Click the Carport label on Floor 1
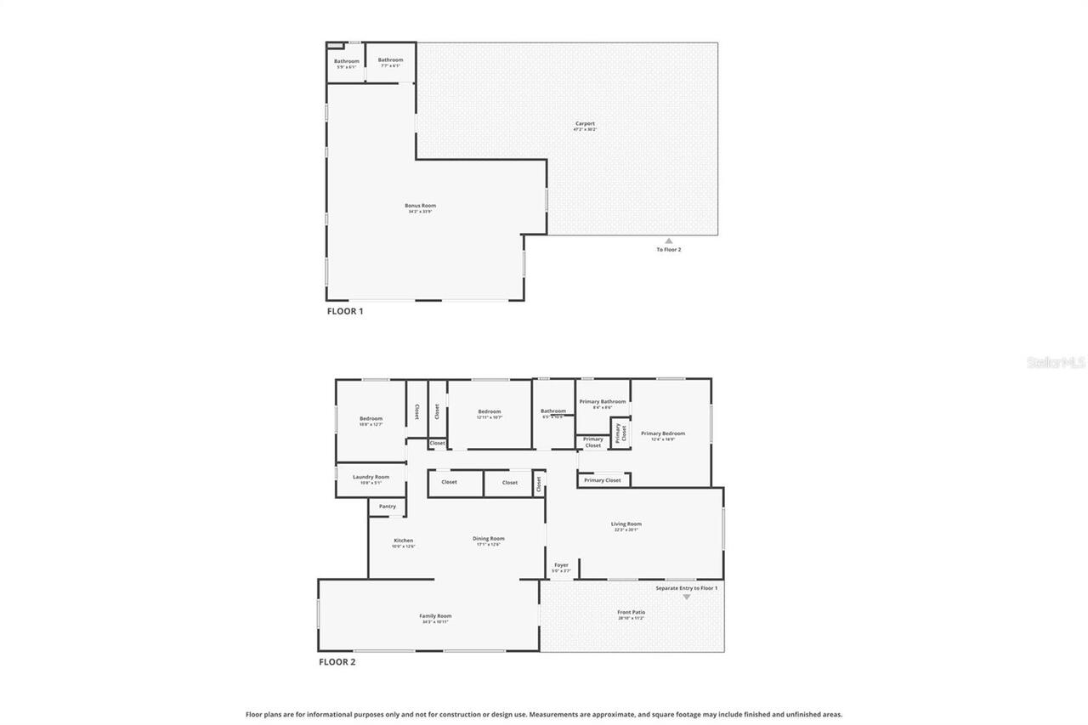[x=585, y=124]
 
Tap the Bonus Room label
[x=421, y=206]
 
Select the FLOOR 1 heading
[x=345, y=311]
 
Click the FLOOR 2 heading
[x=337, y=661]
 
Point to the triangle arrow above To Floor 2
[x=669, y=241]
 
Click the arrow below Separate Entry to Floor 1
[x=687, y=597]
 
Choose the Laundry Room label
[x=371, y=477]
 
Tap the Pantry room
[x=388, y=507]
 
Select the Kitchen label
[x=403, y=541]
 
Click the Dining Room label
[x=489, y=538]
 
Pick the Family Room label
[x=435, y=616]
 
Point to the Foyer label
[x=561, y=565]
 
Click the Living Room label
[x=626, y=524]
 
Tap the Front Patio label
[x=631, y=612]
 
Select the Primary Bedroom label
[x=663, y=433]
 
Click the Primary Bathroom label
[x=603, y=401]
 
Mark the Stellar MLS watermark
[x=1057, y=362]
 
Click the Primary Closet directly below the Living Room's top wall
[x=603, y=480]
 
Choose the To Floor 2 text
[x=669, y=250]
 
